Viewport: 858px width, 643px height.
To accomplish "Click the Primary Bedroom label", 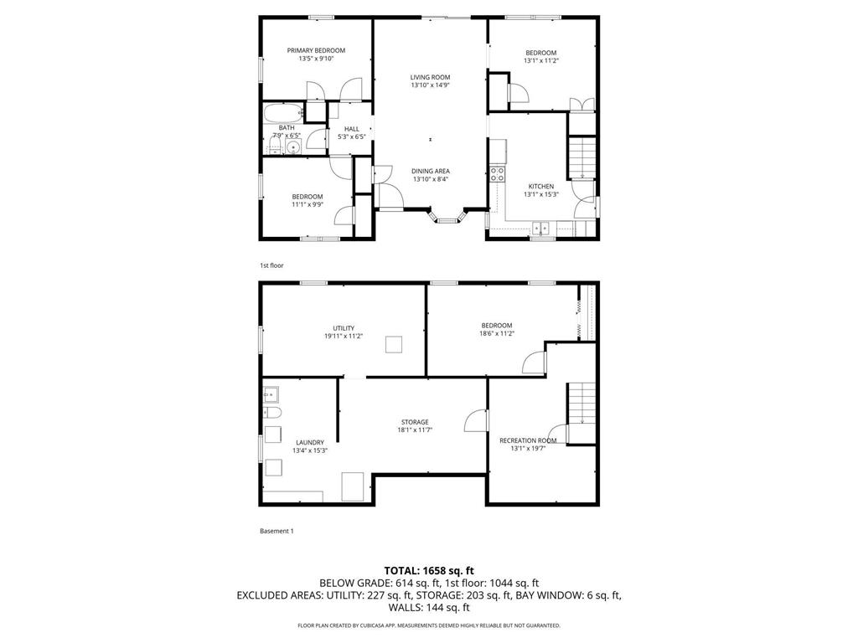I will pos(316,50).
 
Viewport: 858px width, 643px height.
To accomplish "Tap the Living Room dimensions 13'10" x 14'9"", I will pos(430,85).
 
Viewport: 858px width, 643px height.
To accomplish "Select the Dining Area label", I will pos(430,171).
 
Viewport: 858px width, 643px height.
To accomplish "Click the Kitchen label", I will pos(540,186).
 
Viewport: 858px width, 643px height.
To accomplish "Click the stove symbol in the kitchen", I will pos(497,174).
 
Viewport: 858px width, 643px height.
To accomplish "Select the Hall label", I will pos(351,129).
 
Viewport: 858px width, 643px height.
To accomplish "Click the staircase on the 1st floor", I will pos(581,157).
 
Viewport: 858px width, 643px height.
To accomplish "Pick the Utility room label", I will pos(344,328).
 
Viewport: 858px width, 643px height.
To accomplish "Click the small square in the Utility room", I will pos(394,344).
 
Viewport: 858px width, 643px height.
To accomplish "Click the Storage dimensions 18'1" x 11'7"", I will pos(414,430).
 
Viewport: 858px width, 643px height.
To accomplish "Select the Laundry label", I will pos(309,442).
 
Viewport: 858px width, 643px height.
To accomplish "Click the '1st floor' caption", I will pos(271,265).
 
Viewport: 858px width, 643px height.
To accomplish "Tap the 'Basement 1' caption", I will pos(277,531).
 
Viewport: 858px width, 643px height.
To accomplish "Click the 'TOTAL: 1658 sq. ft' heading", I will pos(429,570).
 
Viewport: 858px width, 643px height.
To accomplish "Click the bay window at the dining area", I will pos(447,219).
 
